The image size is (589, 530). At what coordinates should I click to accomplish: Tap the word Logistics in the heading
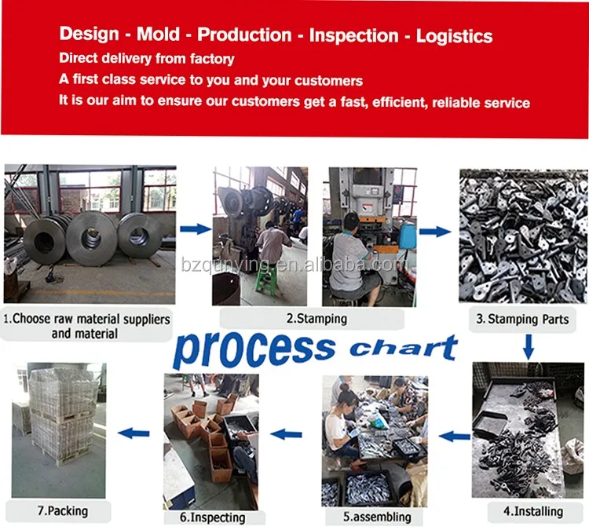pos(454,35)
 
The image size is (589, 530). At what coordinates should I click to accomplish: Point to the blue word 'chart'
pos(404,346)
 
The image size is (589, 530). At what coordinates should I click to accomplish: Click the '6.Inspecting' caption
pos(214,517)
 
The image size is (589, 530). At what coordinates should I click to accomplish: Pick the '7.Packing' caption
pos(62,511)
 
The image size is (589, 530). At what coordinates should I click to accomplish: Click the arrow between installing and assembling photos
pos(455,434)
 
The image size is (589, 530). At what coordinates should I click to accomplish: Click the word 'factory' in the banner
pos(210,59)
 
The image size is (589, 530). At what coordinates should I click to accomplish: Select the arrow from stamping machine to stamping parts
pos(434,232)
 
